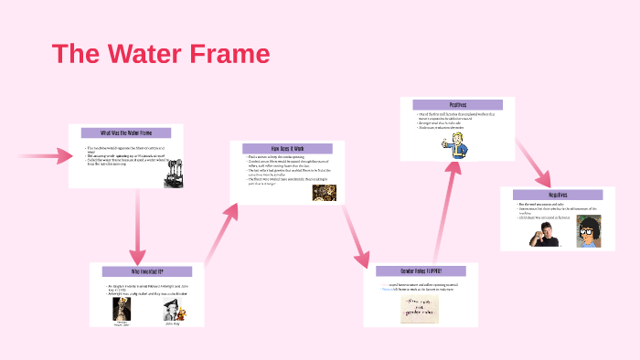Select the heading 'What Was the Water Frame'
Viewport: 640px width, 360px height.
pyautogui.click(x=127, y=133)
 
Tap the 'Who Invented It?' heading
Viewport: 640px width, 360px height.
pyautogui.click(x=146, y=271)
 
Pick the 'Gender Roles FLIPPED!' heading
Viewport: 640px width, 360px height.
pyautogui.click(x=420, y=271)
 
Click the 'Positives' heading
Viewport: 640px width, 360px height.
pyautogui.click(x=457, y=105)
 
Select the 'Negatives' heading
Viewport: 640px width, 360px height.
pyautogui.click(x=557, y=195)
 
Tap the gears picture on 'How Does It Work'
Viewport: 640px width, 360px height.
pyautogui.click(x=325, y=192)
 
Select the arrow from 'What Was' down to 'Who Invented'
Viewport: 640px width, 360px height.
pyautogui.click(x=138, y=228)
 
